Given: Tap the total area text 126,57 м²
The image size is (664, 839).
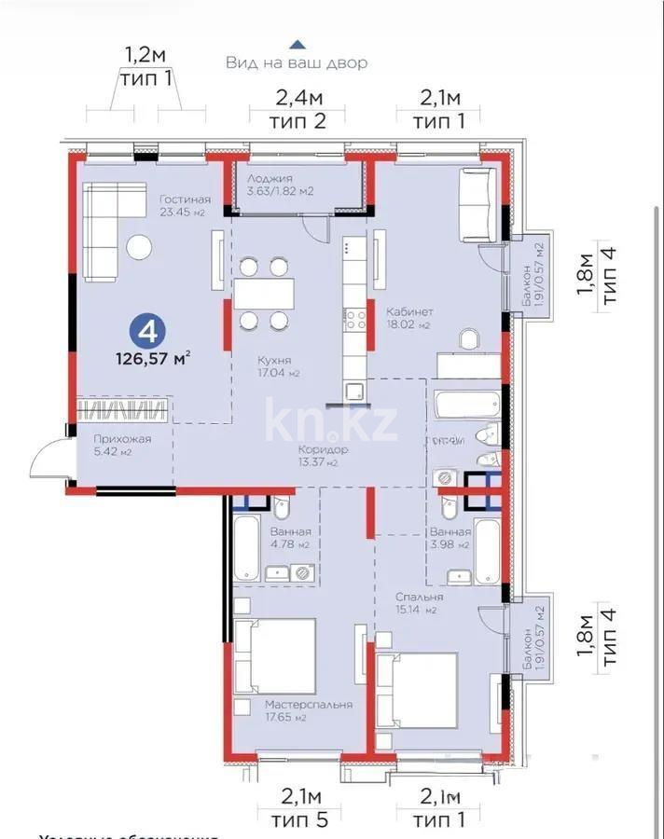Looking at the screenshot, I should pos(153,356).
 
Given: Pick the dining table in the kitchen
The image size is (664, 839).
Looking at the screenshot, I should pos(264,294).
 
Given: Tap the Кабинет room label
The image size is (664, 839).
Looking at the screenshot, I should pos(408,318).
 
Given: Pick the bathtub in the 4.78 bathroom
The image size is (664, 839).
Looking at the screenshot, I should pos(245,548).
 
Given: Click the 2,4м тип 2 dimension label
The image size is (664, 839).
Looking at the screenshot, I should pos(298,108).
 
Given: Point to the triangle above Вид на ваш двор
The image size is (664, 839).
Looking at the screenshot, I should pos(297,43).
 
